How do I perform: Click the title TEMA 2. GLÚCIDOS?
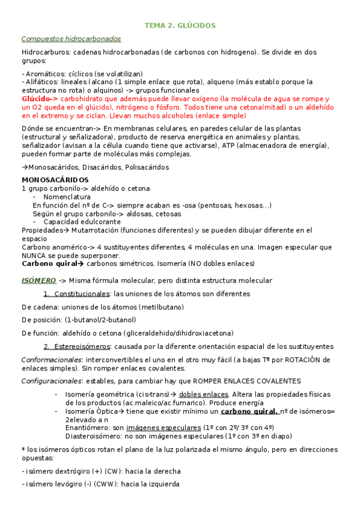tap(180, 25)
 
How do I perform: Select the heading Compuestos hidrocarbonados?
tap(71, 39)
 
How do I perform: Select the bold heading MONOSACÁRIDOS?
tap(55, 180)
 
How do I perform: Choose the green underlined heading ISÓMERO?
tap(38, 280)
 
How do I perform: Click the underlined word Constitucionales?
tap(82, 293)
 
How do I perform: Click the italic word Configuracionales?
tap(52, 381)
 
